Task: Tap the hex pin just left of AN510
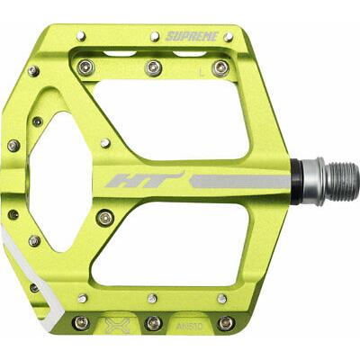pyautogui.click(x=154, y=322)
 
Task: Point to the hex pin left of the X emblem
pyautogui.click(x=81, y=322)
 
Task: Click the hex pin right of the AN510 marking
pyautogui.click(x=226, y=322)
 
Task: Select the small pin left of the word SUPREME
pyautogui.click(x=155, y=36)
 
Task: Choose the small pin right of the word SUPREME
pyautogui.click(x=229, y=37)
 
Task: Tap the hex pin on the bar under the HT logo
pyautogui.click(x=106, y=217)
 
